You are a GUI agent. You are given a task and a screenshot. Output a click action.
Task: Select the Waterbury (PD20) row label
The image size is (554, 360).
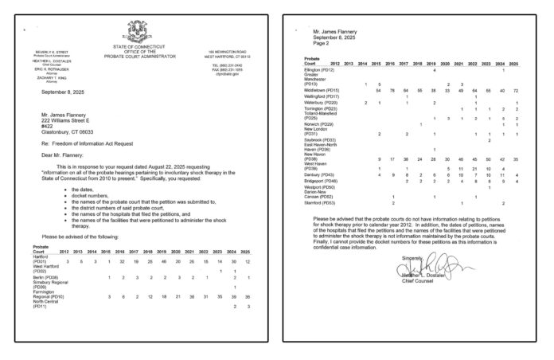tap(320, 103)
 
